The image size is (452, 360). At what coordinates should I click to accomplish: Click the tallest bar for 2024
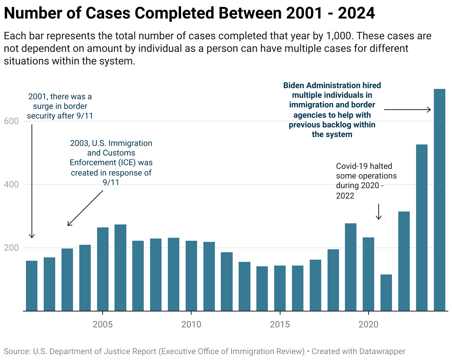439,200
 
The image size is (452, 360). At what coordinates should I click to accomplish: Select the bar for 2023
422,227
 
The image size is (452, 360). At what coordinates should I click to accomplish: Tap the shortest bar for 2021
386,293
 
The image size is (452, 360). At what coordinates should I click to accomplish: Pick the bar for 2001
31,286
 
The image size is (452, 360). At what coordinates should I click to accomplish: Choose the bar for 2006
120,267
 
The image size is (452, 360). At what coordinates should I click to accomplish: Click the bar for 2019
350,267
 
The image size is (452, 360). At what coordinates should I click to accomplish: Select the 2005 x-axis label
103,325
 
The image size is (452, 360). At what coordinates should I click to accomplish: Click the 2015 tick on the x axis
280,325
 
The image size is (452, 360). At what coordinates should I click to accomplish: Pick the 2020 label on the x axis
368,325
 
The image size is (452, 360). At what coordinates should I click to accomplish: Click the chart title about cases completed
189,14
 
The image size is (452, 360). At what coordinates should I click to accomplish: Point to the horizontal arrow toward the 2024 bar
408,110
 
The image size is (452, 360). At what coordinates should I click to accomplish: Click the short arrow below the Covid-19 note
379,211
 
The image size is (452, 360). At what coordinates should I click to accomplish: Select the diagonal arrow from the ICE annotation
85,208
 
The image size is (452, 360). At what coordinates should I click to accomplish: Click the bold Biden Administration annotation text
332,110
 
